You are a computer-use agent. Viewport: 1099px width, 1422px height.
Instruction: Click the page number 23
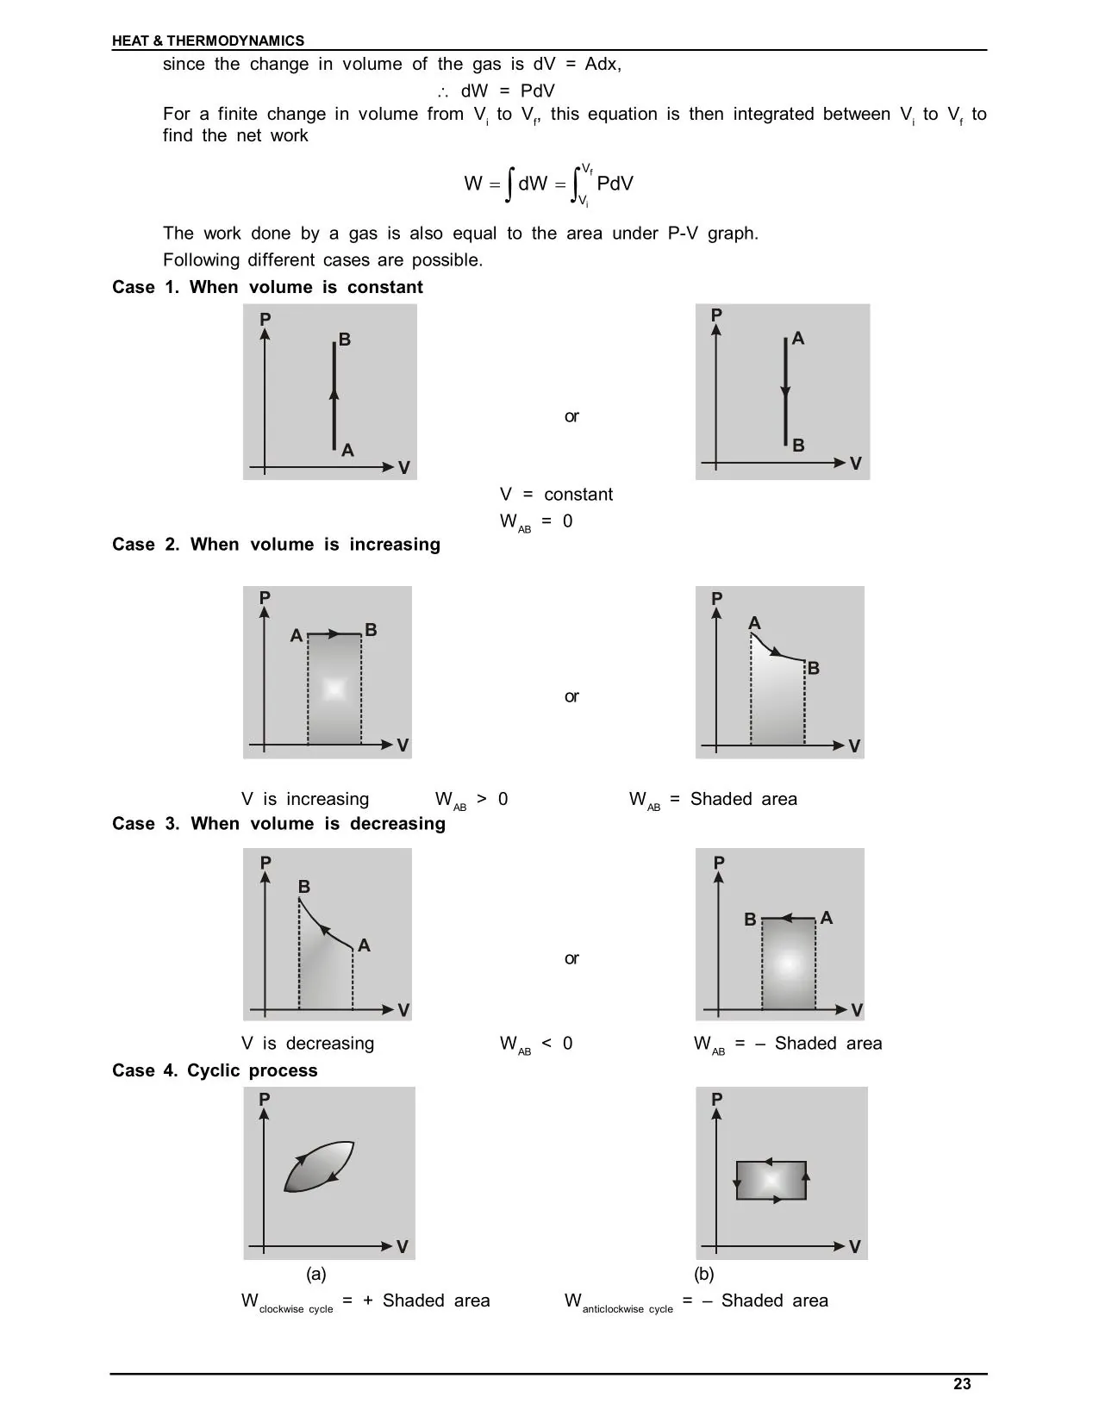pos(962,1383)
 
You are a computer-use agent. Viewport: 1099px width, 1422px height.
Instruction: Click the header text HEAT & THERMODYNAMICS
pos(208,41)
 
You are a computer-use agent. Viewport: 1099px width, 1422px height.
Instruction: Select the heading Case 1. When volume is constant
pos(267,287)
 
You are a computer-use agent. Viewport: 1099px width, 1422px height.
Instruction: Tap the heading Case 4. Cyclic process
pos(215,1070)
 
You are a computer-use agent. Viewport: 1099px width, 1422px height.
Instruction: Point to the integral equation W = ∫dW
pos(548,184)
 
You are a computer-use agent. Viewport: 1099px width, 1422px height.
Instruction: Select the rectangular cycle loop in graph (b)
pos(771,1180)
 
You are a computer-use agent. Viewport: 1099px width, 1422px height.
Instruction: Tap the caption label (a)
pos(316,1273)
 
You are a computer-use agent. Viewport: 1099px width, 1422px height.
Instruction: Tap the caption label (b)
pos(704,1273)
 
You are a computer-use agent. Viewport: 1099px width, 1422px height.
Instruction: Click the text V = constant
pos(556,495)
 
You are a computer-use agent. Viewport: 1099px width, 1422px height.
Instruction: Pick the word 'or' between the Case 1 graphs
pos(571,416)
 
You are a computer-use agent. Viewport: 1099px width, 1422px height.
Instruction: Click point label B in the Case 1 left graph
pos(345,340)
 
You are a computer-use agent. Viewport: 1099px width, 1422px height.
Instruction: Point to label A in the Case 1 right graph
pos(798,339)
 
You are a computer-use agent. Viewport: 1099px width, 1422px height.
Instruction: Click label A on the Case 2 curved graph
pos(755,623)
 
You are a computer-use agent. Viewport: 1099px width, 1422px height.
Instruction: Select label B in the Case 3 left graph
pos(304,887)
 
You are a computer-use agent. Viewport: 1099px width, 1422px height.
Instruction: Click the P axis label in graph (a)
pos(265,1100)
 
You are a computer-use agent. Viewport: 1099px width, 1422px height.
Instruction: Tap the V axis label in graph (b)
pos(855,1247)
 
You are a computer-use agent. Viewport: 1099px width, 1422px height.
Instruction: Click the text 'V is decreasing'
pos(308,1044)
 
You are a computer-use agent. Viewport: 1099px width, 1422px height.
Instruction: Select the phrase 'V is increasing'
pos(305,799)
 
